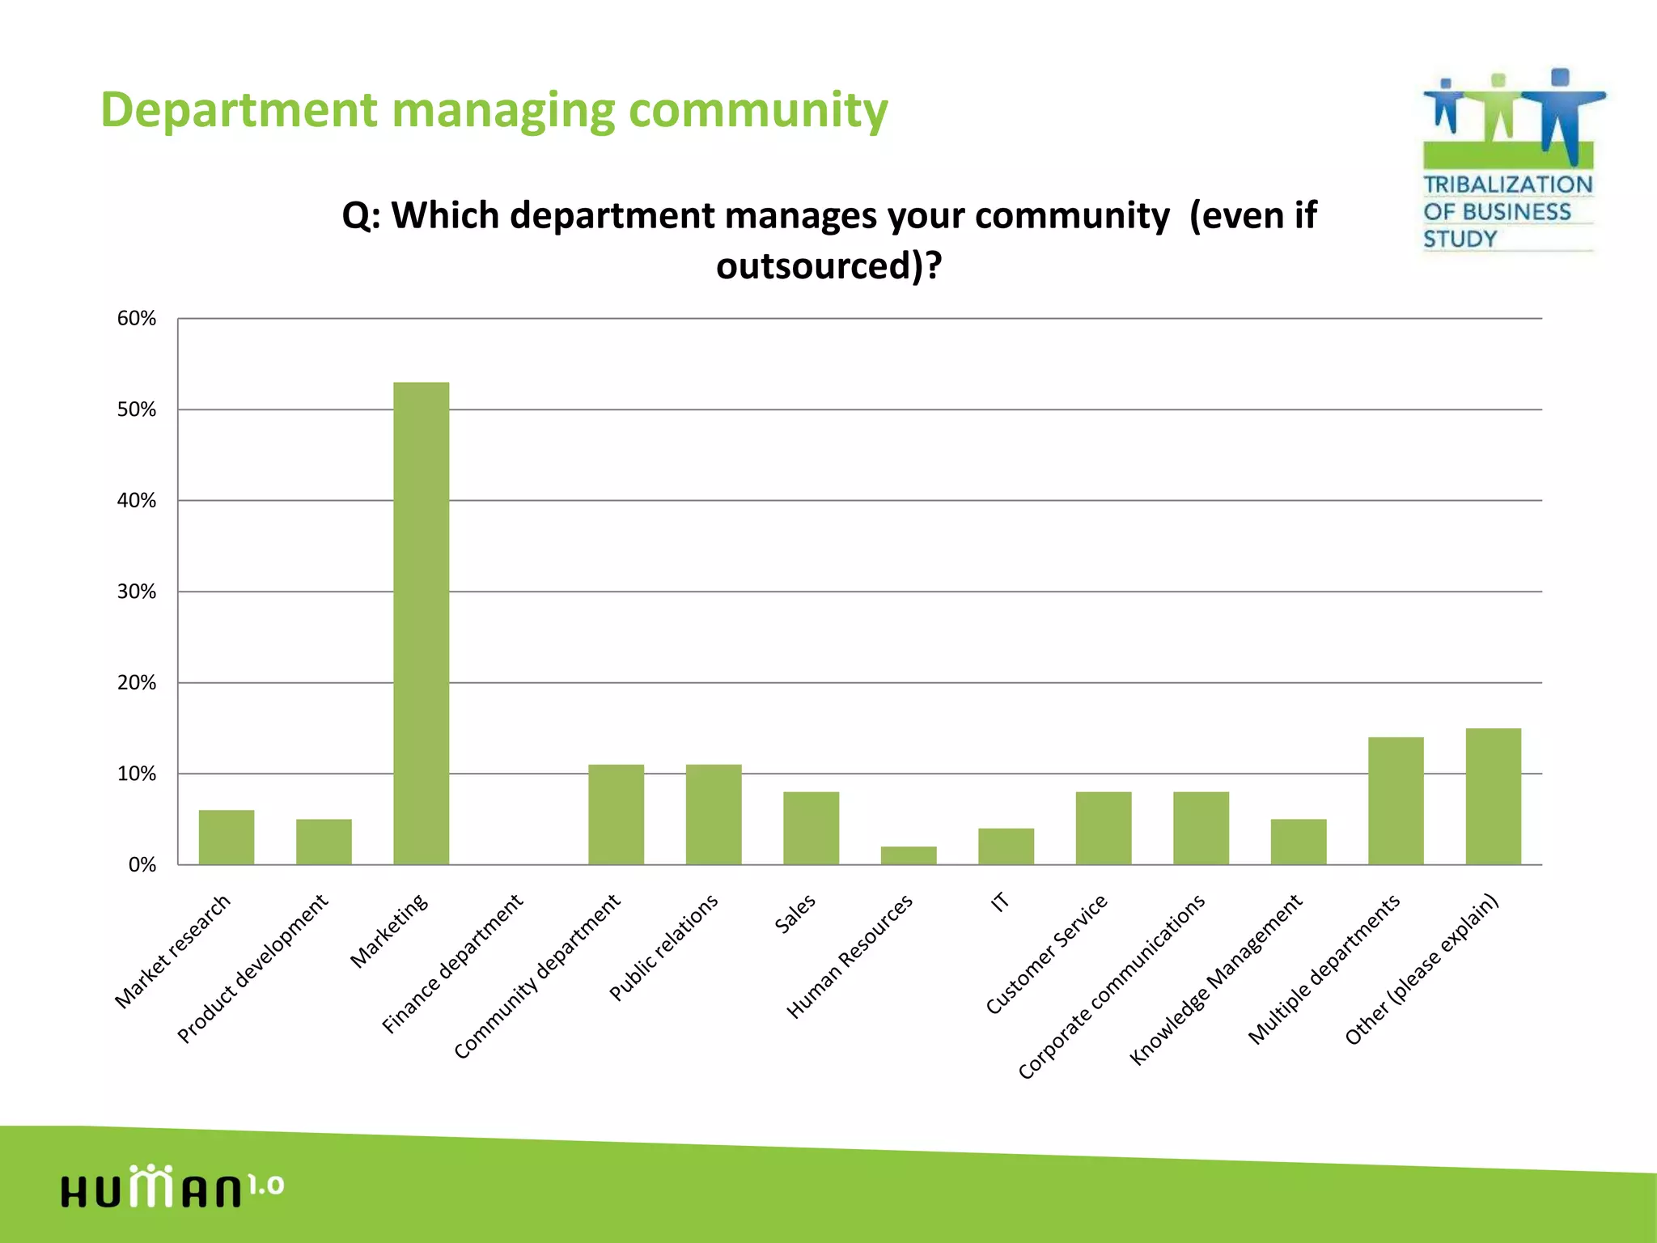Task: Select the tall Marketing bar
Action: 421,623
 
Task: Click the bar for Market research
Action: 226,837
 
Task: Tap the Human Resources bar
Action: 908,855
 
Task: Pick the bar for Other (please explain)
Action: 1493,796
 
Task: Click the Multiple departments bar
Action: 1395,800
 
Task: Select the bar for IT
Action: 1006,846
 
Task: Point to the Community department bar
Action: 616,814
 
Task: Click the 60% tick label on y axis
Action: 136,319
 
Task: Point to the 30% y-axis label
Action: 136,592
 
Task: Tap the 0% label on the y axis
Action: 142,865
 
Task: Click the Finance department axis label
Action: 452,964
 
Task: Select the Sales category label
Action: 795,914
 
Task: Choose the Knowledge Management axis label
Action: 1215,980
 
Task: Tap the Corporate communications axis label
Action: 1111,987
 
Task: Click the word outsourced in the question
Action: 815,266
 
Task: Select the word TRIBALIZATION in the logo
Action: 1507,185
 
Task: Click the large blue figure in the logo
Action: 1562,113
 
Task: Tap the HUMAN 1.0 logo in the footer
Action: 172,1187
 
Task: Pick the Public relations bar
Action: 713,814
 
